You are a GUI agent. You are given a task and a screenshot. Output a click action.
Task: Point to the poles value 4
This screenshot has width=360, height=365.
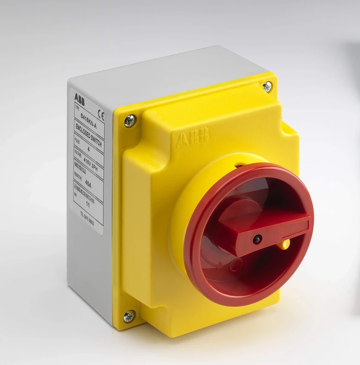point(87,149)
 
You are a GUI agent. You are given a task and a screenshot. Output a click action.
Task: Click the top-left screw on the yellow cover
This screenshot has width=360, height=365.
point(129,121)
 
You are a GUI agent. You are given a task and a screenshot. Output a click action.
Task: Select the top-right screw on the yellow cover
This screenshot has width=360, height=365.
point(267,86)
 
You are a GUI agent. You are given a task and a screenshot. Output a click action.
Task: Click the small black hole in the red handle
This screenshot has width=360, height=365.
point(257,239)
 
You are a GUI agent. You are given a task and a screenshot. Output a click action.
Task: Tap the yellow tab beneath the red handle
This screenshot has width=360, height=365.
point(285,245)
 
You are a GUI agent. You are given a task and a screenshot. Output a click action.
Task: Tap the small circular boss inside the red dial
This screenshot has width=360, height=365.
point(236,264)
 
